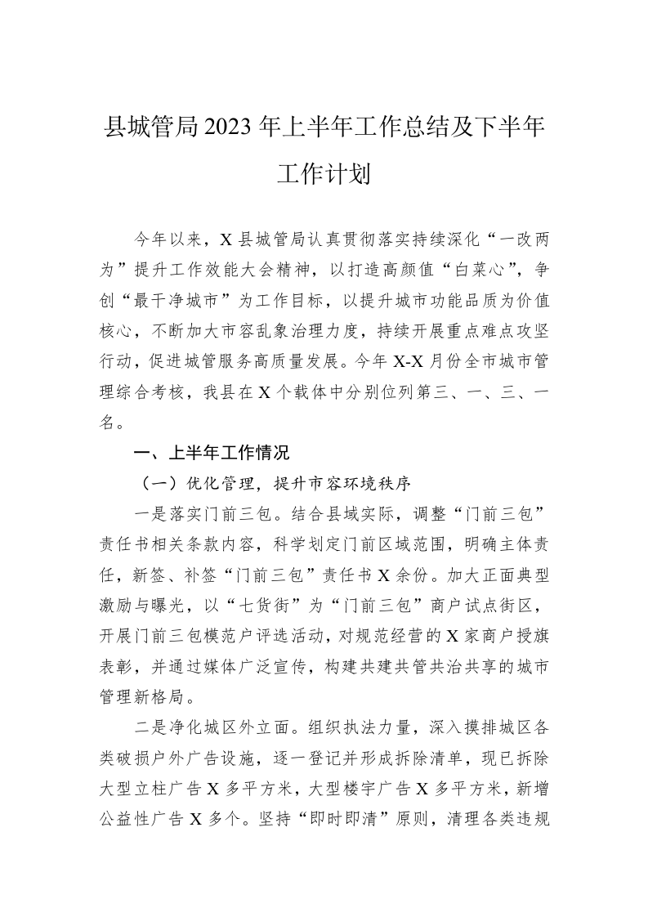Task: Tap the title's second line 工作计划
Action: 324,174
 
